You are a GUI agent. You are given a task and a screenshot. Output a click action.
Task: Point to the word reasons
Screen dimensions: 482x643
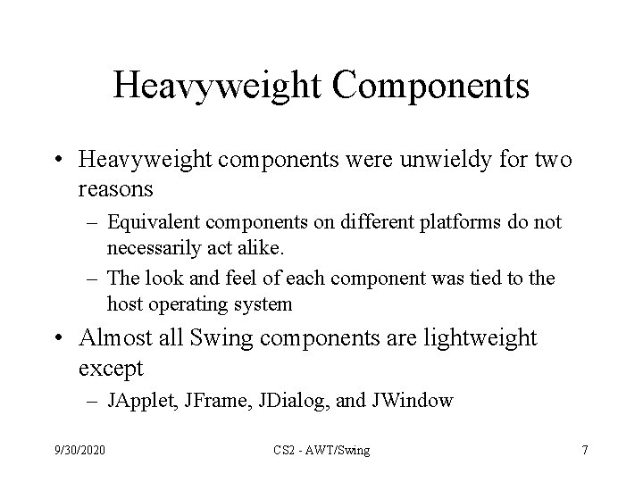pos(116,190)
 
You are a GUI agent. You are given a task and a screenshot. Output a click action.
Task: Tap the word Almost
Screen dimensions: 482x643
pos(113,339)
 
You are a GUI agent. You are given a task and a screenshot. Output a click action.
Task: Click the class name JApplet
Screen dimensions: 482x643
pos(140,401)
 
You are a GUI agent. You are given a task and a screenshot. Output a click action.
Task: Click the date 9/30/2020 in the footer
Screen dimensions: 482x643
pos(79,450)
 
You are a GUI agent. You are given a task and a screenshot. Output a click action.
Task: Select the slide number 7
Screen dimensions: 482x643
pos(584,450)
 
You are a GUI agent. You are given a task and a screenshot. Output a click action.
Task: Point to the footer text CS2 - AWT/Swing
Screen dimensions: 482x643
pos(321,450)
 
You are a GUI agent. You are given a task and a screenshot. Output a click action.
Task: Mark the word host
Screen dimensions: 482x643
pos(123,303)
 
